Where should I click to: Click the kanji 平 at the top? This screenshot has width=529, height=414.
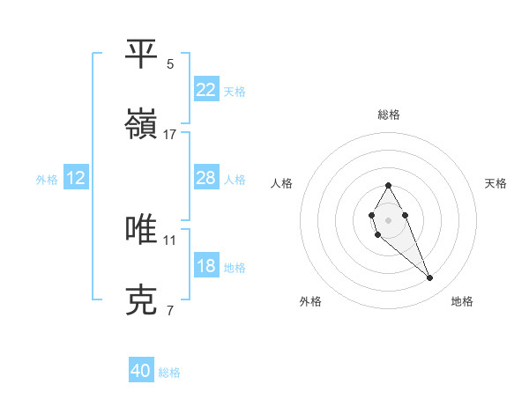141,55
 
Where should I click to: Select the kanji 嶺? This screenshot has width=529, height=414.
141,125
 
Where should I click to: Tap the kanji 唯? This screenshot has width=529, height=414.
141,229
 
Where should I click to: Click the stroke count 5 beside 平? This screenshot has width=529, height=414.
170,64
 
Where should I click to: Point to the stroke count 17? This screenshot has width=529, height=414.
170,135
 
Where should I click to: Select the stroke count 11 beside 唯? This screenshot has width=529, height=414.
170,239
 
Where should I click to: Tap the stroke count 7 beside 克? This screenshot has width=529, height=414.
170,310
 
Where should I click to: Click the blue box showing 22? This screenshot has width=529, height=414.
205,89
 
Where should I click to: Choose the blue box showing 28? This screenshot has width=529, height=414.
205,178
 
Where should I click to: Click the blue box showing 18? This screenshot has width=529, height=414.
205,266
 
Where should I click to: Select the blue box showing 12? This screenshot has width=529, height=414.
76,178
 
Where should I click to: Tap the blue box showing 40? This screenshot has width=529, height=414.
141,371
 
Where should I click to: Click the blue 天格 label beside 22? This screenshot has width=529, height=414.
235,91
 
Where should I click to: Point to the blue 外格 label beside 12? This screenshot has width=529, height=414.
47,179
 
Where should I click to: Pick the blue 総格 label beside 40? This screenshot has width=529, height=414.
169,373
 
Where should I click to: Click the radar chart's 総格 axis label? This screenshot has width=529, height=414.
389,115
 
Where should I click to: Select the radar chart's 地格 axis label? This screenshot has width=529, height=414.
462,302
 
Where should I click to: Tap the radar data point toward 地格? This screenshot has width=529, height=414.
430,278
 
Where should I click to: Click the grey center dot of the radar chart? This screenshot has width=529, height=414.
388,219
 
